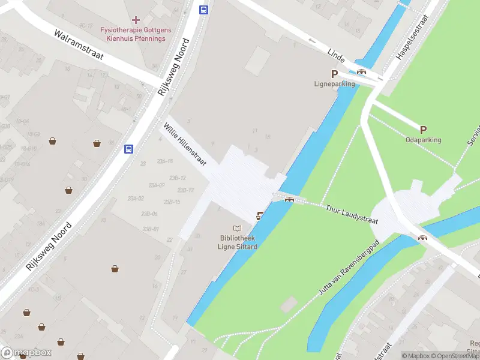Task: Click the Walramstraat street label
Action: tap(79, 45)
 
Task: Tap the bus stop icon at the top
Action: tap(204, 10)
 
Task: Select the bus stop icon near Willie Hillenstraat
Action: tap(128, 149)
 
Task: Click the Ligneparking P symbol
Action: tap(335, 74)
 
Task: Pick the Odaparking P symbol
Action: tap(423, 130)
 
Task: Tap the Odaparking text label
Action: tap(423, 140)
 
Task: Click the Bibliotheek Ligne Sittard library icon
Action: tap(238, 229)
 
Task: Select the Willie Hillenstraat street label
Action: tap(185, 145)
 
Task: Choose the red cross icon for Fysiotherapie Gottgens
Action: tap(136, 20)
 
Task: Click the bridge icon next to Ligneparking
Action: tap(362, 72)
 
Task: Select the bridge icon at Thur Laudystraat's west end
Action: tap(289, 200)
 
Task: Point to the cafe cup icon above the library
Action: tap(260, 216)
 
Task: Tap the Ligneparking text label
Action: tap(335, 84)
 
